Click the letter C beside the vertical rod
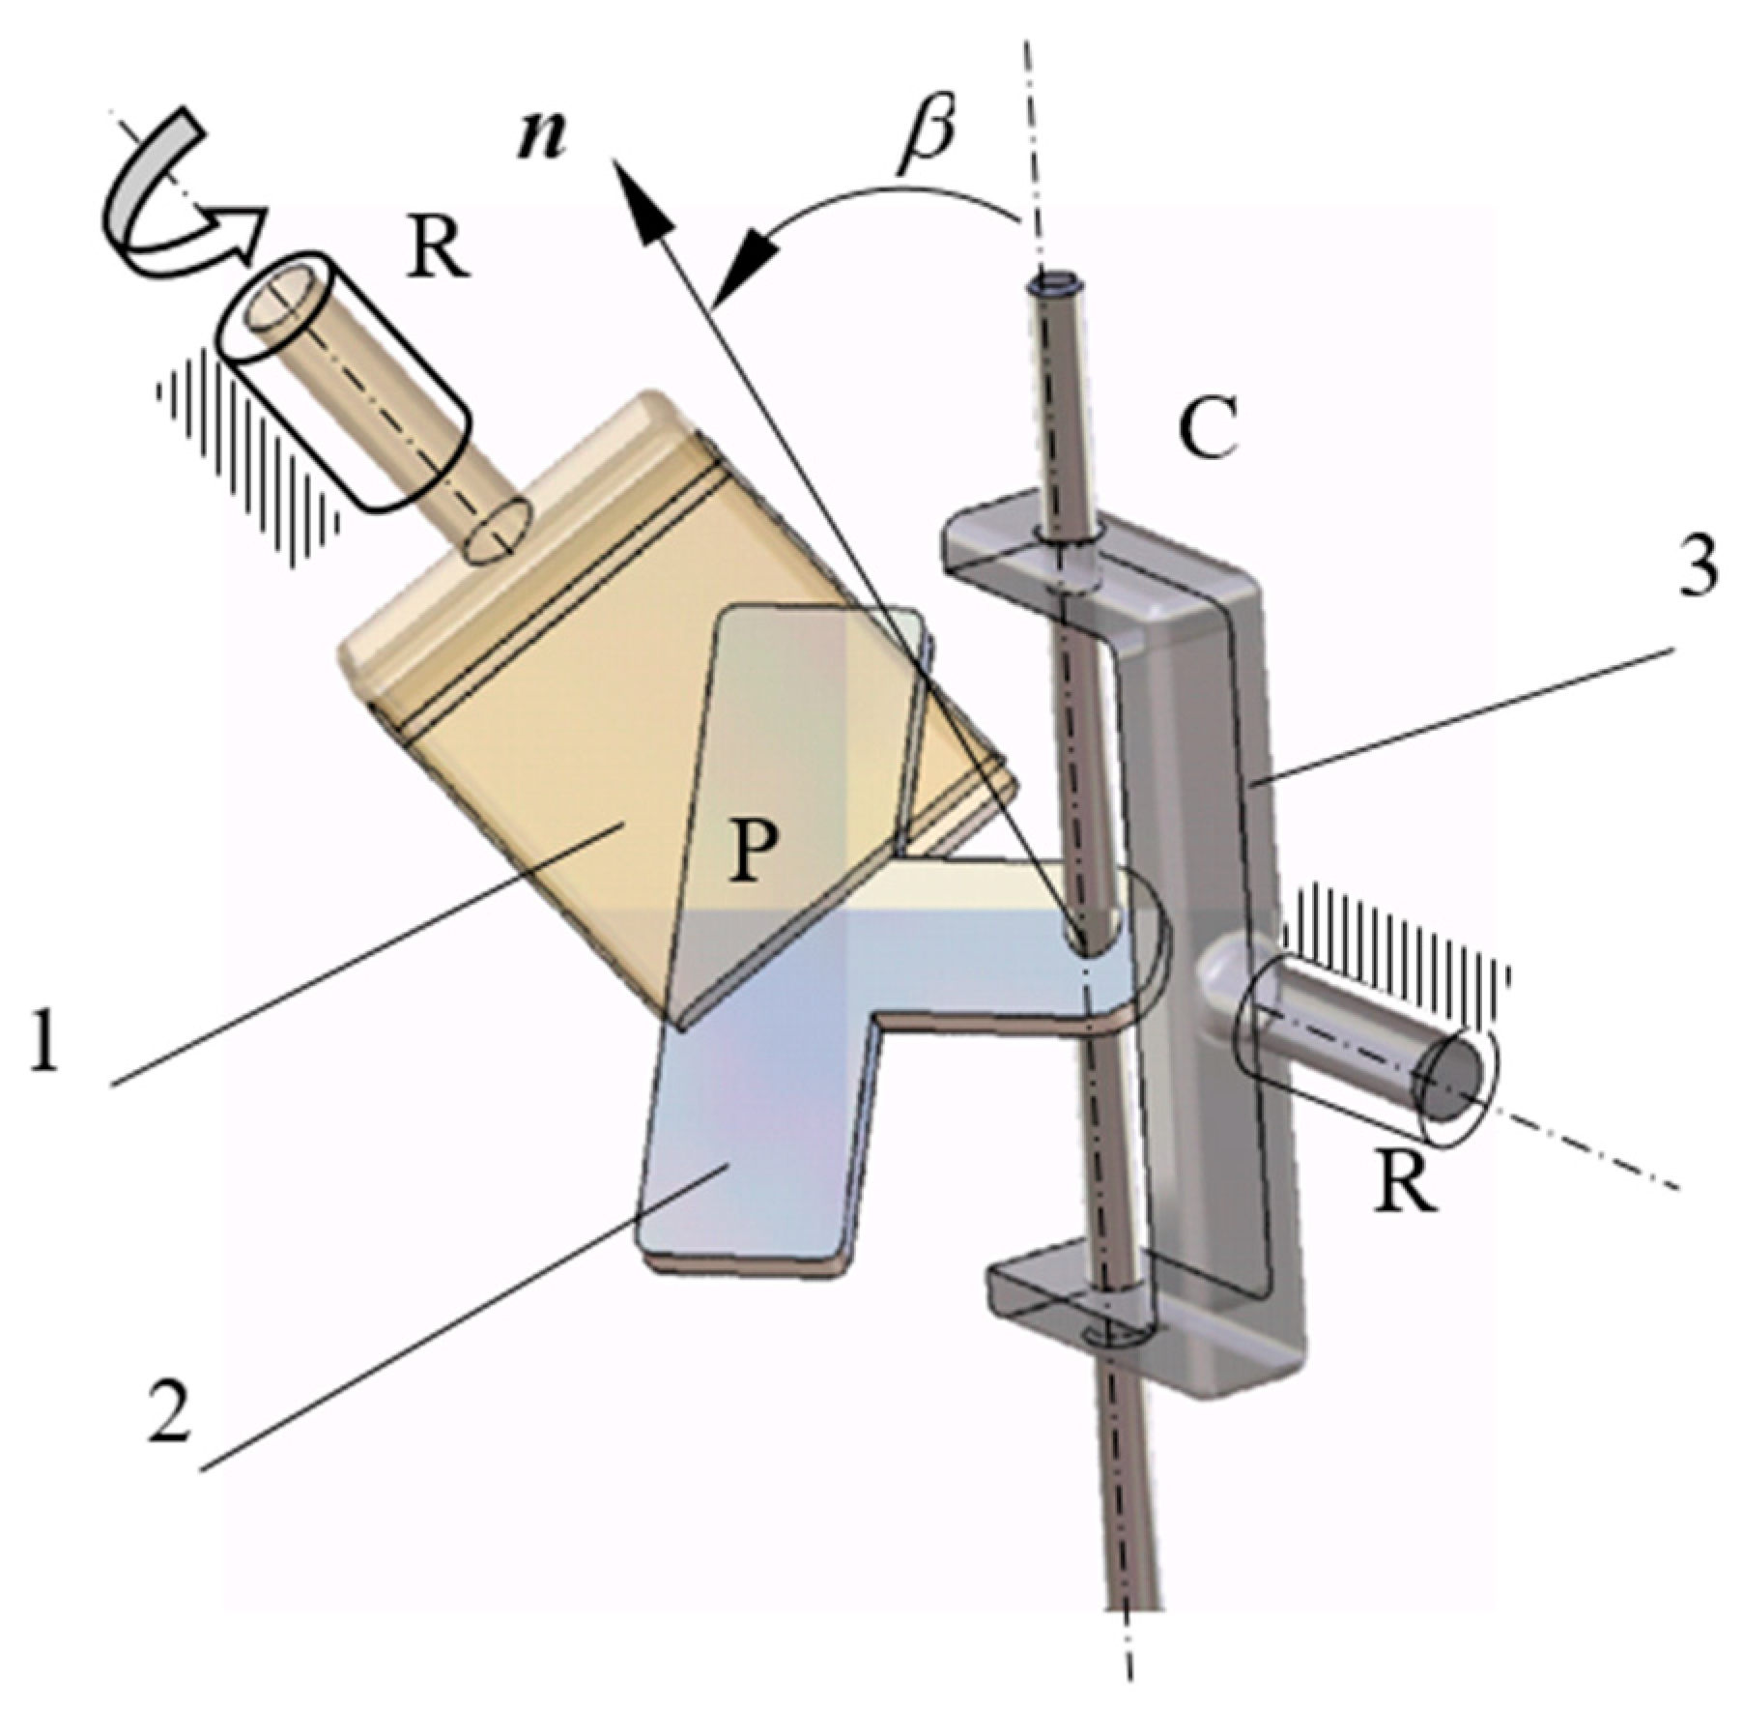tap(1208, 427)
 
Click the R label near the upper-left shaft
tap(437, 244)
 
